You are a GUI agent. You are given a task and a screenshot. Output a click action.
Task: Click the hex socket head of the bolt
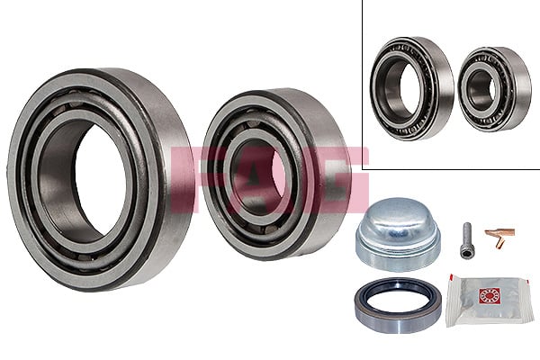tap(466, 229)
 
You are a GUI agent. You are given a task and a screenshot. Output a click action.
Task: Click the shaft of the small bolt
tap(467, 247)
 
